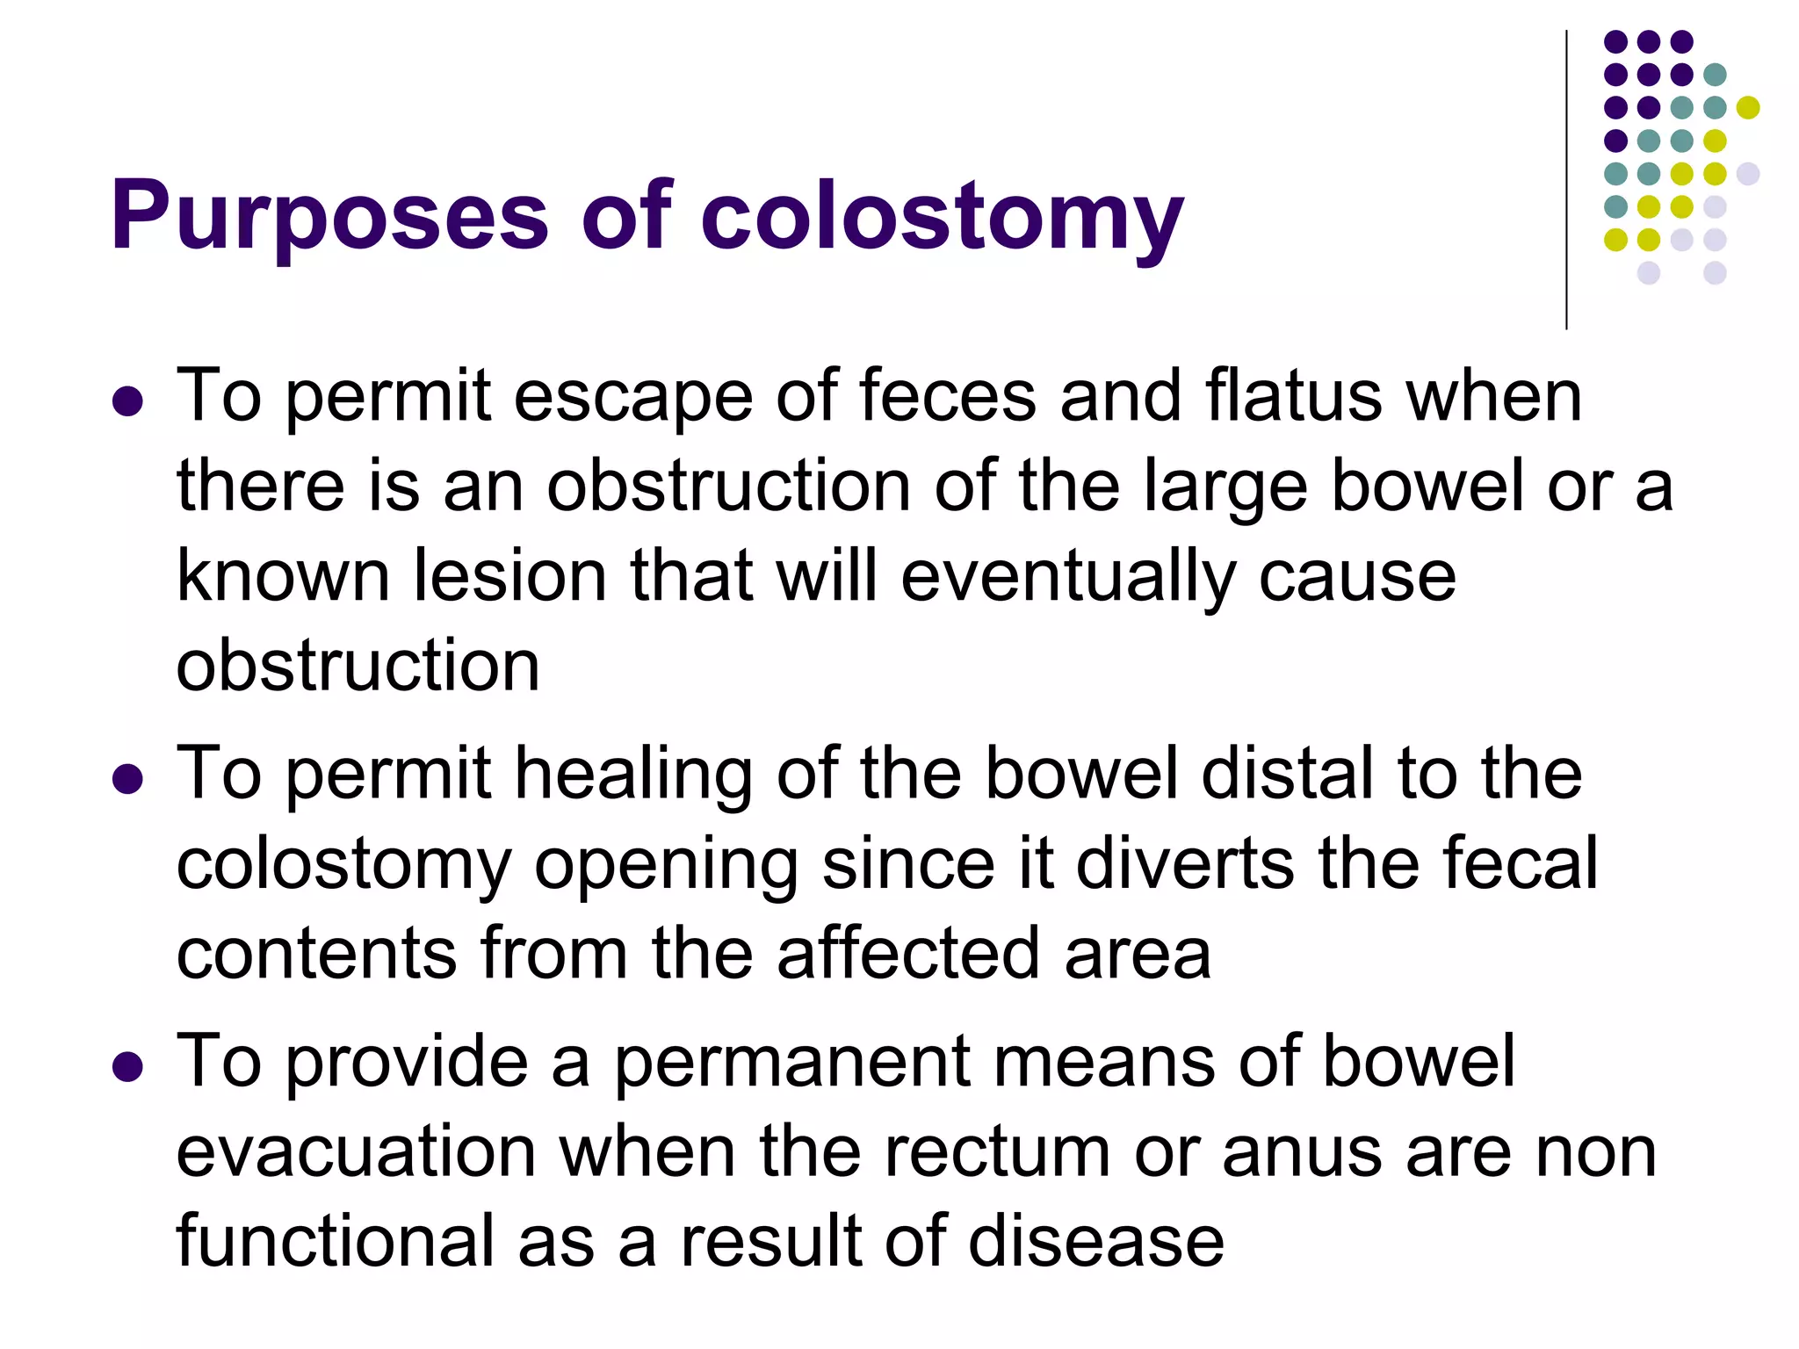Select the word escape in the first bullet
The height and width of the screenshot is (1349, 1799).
(632, 397)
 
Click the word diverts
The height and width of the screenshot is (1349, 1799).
(1185, 864)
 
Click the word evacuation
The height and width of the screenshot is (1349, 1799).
(357, 1152)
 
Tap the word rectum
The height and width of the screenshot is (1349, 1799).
(997, 1154)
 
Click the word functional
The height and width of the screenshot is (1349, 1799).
(336, 1242)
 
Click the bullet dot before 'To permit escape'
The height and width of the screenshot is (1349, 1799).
(128, 401)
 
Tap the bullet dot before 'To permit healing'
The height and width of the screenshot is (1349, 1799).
(128, 778)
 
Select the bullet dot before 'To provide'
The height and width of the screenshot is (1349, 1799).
(128, 1066)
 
